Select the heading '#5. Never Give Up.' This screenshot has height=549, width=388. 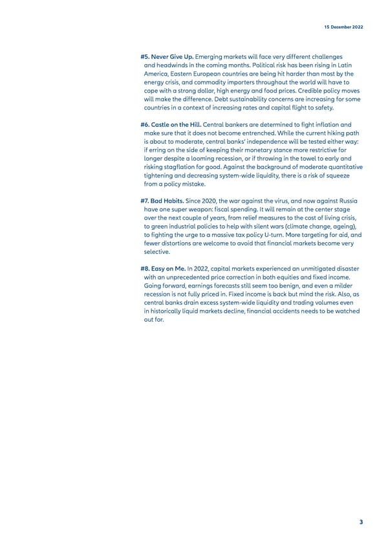166,57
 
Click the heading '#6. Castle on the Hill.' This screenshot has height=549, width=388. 171,124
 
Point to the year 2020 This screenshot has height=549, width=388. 211,201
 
